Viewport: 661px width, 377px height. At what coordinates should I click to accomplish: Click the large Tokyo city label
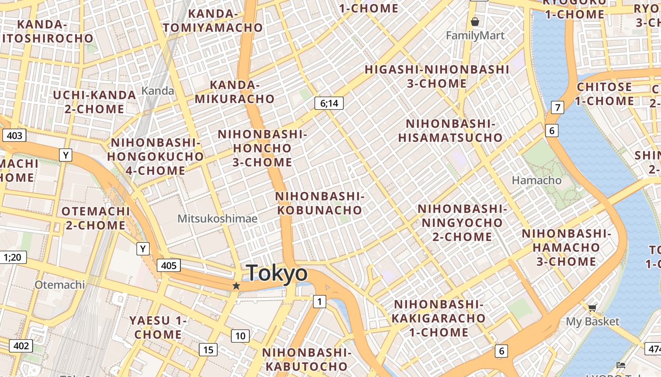tap(277, 273)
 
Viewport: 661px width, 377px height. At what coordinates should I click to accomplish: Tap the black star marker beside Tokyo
tap(237, 286)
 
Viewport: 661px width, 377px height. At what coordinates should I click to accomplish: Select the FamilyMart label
tap(475, 35)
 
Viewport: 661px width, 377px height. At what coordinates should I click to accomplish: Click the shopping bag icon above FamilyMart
tap(475, 22)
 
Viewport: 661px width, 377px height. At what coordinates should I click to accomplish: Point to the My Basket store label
tap(593, 321)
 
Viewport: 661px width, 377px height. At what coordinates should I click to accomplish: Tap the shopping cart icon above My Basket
tap(592, 308)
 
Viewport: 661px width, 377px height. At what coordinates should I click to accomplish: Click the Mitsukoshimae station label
tap(217, 219)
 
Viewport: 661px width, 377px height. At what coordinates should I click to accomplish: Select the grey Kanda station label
tap(158, 90)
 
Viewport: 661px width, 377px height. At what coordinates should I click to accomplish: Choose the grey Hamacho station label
tap(536, 180)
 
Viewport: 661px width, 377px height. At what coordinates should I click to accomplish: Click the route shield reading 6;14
tap(329, 103)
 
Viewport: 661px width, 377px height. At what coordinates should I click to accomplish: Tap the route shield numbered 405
tap(169, 265)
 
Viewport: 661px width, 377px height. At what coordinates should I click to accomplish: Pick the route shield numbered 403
tap(15, 136)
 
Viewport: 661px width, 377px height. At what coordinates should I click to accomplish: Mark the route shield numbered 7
tap(558, 107)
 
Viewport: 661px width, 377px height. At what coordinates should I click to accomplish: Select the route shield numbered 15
tap(208, 350)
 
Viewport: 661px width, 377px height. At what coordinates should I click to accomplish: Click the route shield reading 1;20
tap(13, 257)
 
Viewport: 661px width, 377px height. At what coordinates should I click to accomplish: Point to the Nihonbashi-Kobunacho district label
tap(320, 203)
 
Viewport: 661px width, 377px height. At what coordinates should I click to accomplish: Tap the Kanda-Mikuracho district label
tap(235, 92)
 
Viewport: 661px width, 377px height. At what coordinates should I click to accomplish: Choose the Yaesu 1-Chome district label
tap(158, 328)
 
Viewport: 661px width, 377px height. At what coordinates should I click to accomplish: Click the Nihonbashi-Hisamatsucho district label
tap(450, 131)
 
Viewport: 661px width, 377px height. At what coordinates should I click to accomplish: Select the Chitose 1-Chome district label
tap(605, 94)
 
